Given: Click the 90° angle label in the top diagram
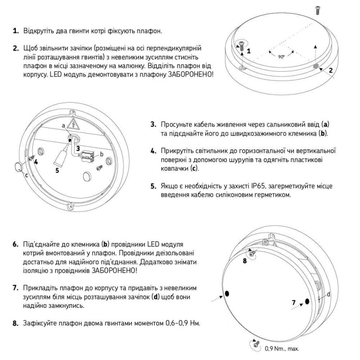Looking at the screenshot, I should [281, 57].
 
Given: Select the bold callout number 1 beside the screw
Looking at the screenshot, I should [248, 50].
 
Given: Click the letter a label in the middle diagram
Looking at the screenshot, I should [63, 125].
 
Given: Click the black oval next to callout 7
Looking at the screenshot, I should [307, 301].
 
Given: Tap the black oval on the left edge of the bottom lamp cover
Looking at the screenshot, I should [227, 293].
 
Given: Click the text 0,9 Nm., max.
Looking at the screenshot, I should [282, 348].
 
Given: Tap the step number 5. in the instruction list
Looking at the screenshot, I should [153, 185].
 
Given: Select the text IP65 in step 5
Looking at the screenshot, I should [260, 185].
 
